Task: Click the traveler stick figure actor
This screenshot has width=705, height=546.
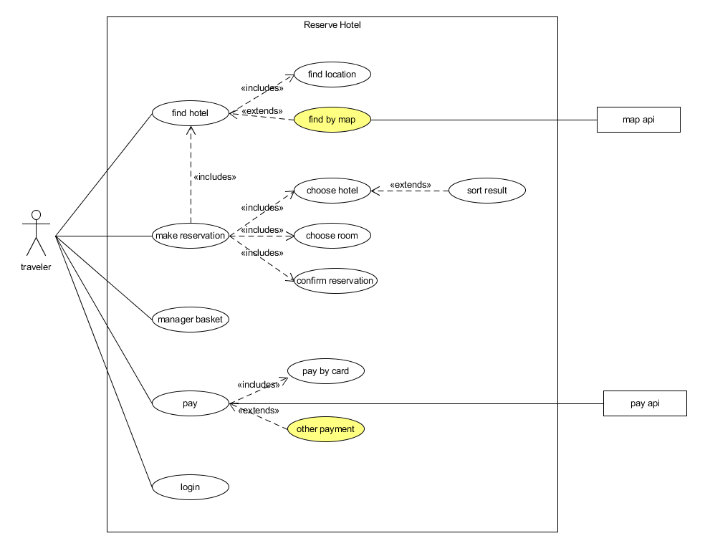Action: (36, 233)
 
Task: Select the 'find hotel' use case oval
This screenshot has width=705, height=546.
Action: (190, 113)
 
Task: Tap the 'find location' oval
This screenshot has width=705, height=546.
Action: (332, 75)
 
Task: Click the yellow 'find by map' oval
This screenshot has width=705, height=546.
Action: (332, 120)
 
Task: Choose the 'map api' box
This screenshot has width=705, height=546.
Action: (638, 120)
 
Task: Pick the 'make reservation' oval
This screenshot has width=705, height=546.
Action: (190, 236)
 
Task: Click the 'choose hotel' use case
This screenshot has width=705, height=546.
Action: (332, 191)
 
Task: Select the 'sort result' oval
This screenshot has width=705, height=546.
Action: (486, 191)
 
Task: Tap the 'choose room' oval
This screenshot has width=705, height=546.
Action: (332, 236)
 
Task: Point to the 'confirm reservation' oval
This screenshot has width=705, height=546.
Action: (335, 281)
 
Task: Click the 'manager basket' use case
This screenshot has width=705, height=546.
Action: (190, 320)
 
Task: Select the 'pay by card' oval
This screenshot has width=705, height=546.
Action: (325, 371)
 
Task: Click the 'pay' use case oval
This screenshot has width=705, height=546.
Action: (190, 403)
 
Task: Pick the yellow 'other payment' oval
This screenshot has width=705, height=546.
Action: (325, 429)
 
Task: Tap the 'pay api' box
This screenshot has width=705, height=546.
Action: (645, 403)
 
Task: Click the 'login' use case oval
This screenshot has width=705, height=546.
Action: (190, 487)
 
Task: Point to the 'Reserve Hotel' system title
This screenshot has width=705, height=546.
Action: (332, 25)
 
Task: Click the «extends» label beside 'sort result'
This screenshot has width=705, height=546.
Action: (410, 185)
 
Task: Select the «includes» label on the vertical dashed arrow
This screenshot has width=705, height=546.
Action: (214, 176)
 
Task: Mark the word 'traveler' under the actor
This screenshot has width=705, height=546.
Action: (36, 267)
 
